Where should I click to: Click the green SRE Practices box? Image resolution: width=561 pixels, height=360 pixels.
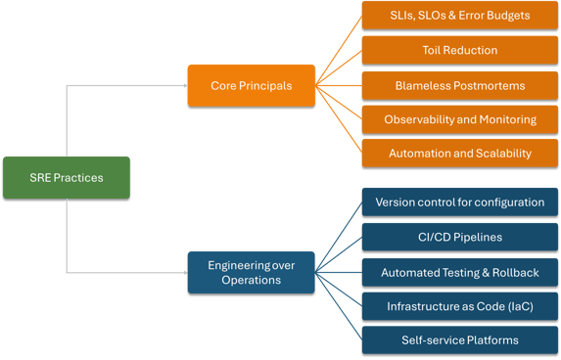[66, 177]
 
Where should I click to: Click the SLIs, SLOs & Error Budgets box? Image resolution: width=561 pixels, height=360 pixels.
[459, 16]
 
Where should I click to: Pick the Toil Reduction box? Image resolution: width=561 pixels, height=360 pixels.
[459, 50]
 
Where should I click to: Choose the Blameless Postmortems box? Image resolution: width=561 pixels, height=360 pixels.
[459, 85]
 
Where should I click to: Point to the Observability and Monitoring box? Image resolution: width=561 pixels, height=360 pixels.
[459, 119]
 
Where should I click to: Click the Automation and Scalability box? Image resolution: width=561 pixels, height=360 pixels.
[459, 154]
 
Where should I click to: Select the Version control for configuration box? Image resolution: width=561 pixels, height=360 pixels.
[459, 202]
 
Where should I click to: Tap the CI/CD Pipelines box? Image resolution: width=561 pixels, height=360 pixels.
[459, 237]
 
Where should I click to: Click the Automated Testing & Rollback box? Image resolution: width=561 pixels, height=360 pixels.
[459, 272]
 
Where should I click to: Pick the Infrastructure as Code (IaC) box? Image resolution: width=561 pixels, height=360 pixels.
[459, 306]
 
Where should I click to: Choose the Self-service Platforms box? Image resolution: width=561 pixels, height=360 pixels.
[459, 340]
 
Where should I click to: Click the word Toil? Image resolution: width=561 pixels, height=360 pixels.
[434, 50]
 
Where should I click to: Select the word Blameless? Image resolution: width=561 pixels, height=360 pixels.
[423, 85]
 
